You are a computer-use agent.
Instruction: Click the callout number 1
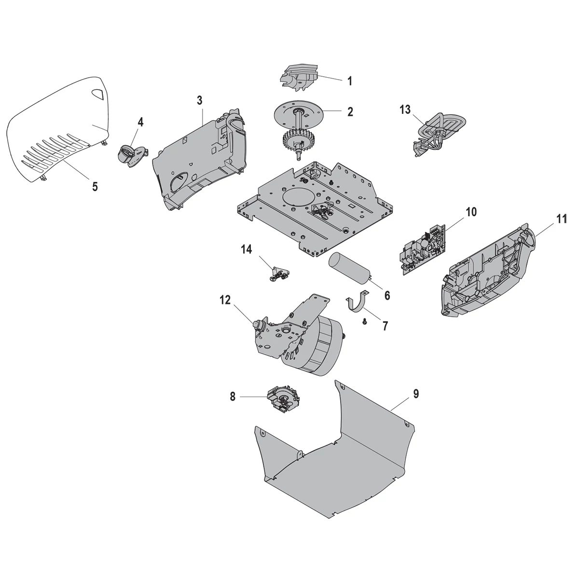[x=349, y=81]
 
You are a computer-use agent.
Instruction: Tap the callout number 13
[x=405, y=110]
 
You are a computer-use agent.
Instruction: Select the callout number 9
[x=416, y=394]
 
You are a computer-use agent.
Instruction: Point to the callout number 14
[x=247, y=249]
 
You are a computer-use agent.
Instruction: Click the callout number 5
[x=95, y=186]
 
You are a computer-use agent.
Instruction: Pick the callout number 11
[x=561, y=219]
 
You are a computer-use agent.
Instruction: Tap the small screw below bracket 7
[x=365, y=320]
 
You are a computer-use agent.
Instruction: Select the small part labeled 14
[x=278, y=275]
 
